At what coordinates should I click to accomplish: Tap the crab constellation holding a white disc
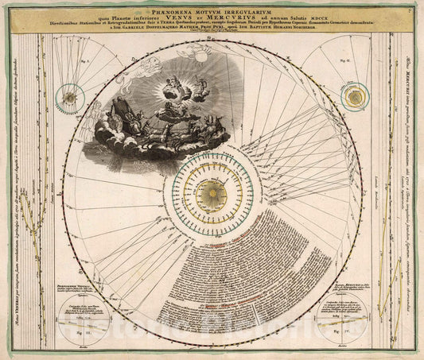(200, 56)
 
